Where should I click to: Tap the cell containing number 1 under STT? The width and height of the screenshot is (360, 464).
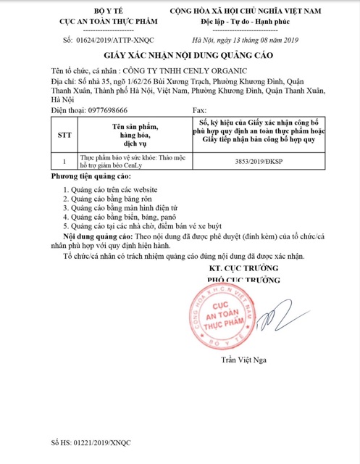pyautogui.click(x=64, y=162)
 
